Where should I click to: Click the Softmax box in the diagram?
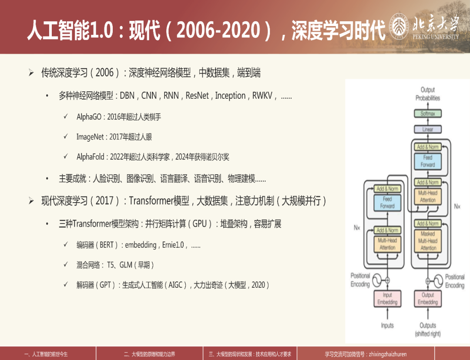[x=428, y=113]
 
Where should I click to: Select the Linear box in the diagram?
[x=428, y=130]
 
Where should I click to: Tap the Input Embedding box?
[x=387, y=299]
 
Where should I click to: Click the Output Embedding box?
[x=428, y=299]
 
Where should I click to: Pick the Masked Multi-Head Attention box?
[x=428, y=241]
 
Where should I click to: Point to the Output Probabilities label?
[x=428, y=94]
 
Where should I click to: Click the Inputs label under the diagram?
[x=387, y=325]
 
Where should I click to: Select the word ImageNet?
[x=90, y=137]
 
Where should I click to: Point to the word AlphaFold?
[x=91, y=157]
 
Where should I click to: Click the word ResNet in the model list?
[x=197, y=96]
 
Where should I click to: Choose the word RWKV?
[x=262, y=96]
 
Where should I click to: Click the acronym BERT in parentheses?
[x=107, y=245]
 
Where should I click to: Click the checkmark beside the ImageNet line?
[x=66, y=137]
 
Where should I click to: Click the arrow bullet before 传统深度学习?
[x=31, y=73]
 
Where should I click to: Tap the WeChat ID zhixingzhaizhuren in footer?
[x=388, y=354]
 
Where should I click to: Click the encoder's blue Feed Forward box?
[x=387, y=203]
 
